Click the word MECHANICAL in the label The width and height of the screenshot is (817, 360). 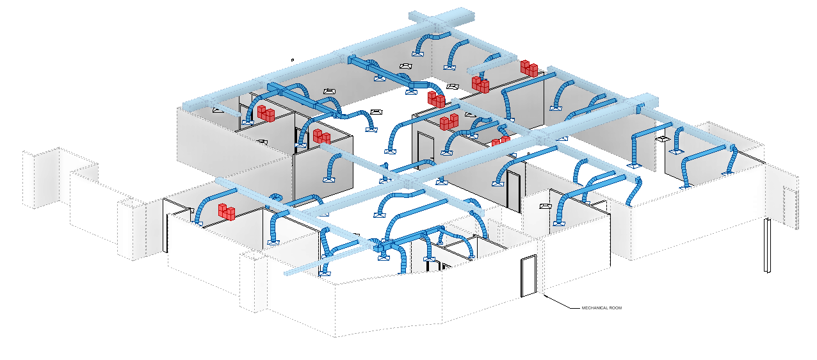[594, 308]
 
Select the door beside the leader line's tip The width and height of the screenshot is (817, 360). [528, 275]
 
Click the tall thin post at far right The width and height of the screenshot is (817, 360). [766, 246]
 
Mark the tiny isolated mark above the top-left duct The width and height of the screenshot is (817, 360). [292, 60]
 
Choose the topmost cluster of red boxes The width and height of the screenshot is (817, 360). [529, 68]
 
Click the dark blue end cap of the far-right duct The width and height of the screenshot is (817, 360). [731, 148]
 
